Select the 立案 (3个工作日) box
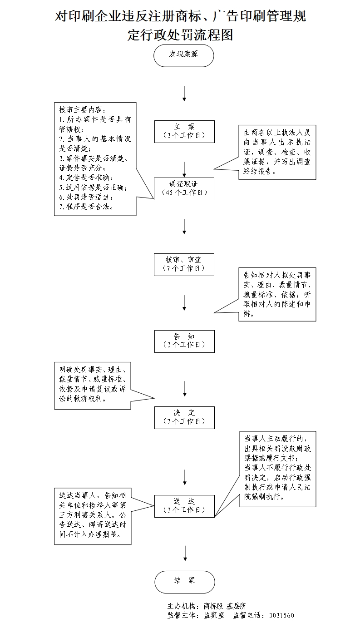tap(184, 131)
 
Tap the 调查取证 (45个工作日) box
tap(184, 188)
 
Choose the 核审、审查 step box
tap(184, 264)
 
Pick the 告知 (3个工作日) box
tap(184, 341)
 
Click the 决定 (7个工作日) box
tap(184, 417)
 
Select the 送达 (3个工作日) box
tap(184, 505)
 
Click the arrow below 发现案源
tap(184, 93)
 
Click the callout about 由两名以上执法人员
tap(277, 152)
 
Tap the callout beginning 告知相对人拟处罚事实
tap(277, 294)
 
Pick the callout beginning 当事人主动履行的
tap(277, 469)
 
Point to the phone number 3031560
tap(281, 616)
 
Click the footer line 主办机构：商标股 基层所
tap(207, 606)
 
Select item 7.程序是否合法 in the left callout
tap(86, 206)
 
